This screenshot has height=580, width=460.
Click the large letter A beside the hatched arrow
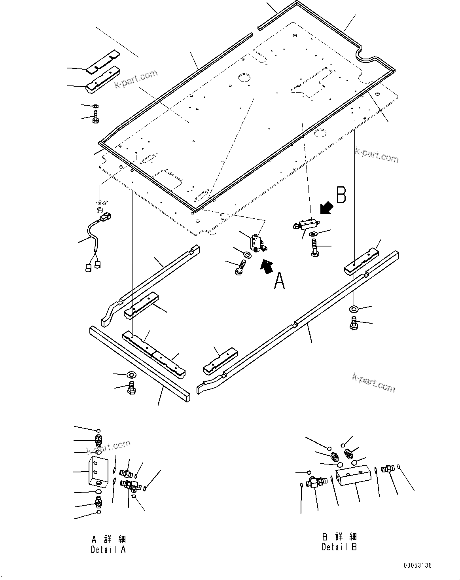(279, 281)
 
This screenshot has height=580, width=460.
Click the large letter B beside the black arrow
(341, 195)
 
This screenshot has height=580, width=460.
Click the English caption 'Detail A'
(108, 550)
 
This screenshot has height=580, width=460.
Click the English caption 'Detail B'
(339, 547)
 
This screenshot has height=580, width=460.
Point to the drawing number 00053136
(418, 566)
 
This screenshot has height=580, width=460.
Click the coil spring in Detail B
(348, 454)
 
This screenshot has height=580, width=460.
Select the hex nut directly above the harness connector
(100, 209)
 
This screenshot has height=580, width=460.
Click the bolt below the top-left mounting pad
(96, 117)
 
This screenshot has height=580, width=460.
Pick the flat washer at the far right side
(354, 309)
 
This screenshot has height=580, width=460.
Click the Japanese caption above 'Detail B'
(339, 536)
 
